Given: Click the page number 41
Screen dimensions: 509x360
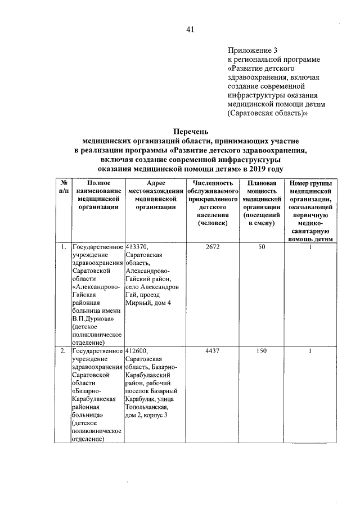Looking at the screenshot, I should [x=190, y=30].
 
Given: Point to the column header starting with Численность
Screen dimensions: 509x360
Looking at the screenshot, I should [x=213, y=202].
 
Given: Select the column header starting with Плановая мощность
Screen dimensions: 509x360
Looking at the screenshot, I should [x=262, y=202].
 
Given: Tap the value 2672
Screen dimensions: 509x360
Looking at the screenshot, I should [x=213, y=247].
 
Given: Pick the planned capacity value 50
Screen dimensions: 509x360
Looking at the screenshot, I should [x=261, y=247].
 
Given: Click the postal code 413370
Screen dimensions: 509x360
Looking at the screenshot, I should [x=137, y=247].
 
